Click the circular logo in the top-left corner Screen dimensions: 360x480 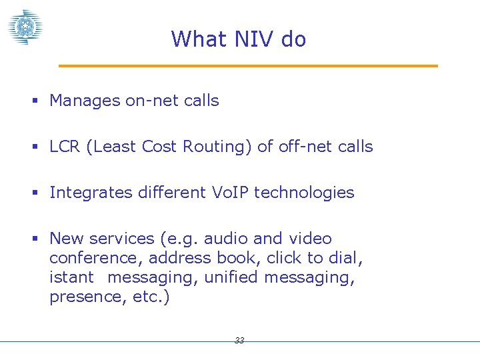click(x=25, y=27)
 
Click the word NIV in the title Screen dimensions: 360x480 click(x=254, y=39)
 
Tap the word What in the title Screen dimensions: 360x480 click(x=199, y=39)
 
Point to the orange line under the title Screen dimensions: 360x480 click(x=248, y=66)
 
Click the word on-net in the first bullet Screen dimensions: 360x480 click(x=149, y=101)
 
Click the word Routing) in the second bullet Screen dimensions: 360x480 click(x=222, y=147)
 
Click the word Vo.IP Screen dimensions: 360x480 click(x=229, y=193)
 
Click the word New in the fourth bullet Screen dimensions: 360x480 click(x=65, y=239)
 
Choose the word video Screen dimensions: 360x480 click(x=310, y=239)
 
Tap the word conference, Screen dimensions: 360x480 click(x=96, y=258)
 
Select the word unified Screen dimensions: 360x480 click(x=231, y=277)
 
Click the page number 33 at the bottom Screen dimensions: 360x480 click(x=239, y=341)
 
